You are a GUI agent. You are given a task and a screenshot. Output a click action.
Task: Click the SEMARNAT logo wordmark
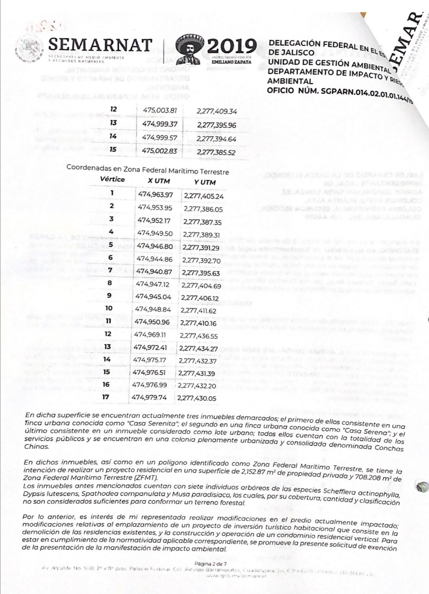(x=100, y=45)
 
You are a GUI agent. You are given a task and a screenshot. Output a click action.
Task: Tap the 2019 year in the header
(x=232, y=47)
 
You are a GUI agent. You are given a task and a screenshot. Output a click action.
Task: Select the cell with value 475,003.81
(x=160, y=110)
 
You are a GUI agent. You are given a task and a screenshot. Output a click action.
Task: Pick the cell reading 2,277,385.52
(x=216, y=152)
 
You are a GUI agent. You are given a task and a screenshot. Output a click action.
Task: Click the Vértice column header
(x=112, y=179)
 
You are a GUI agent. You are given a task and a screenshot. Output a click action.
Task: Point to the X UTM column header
(x=158, y=181)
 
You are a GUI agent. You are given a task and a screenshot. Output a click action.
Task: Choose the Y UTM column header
(x=205, y=182)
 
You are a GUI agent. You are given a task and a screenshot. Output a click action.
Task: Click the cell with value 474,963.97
(x=155, y=194)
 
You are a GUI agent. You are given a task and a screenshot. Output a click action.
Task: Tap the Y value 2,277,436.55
(x=199, y=336)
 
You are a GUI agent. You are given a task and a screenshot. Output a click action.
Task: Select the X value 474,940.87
(x=154, y=272)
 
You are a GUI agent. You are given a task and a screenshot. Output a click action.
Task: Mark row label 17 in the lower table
(x=105, y=396)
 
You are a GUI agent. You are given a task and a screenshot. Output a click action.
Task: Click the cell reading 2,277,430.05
(x=197, y=398)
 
